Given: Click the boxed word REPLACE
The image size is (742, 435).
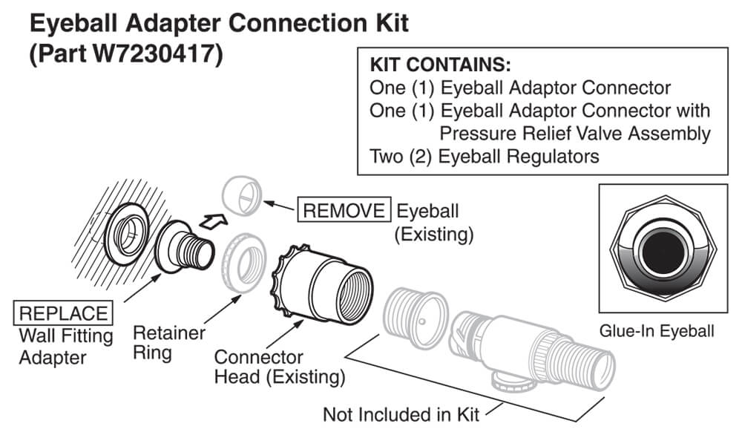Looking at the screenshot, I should click(64, 313).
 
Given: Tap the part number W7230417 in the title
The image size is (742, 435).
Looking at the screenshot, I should click(145, 56).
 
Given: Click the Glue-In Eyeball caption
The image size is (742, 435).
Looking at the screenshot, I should click(659, 332).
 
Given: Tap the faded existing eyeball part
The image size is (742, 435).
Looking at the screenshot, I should click(242, 195).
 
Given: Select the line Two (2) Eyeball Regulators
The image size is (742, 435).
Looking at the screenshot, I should click(484, 157).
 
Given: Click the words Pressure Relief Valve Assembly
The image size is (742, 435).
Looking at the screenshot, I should click(574, 134).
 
